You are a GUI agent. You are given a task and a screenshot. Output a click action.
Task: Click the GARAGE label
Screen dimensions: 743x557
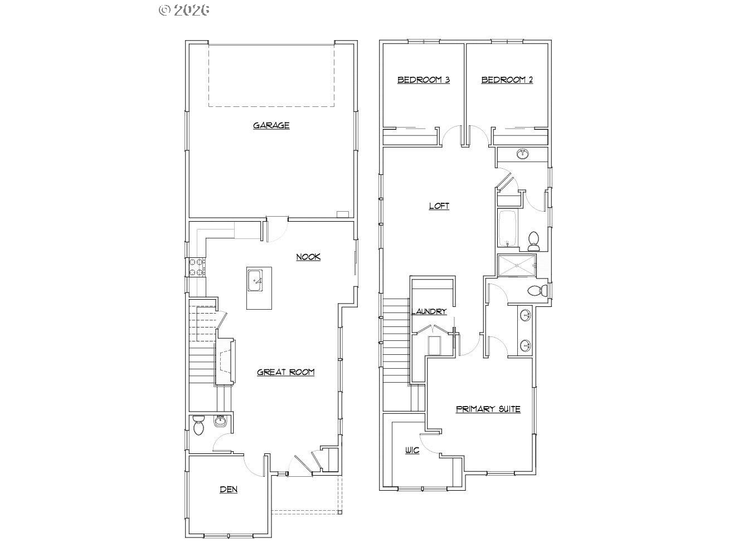click(x=271, y=125)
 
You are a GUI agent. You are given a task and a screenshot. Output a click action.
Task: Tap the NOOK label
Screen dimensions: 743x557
click(x=308, y=257)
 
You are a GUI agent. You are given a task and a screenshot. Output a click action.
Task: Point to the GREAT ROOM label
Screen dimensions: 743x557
click(x=286, y=372)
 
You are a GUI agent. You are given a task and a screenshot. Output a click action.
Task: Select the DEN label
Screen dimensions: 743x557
click(x=229, y=489)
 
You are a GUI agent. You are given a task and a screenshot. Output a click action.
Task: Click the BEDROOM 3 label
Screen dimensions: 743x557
click(x=424, y=80)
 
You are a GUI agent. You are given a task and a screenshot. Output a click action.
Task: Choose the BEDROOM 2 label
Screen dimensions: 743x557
click(x=507, y=80)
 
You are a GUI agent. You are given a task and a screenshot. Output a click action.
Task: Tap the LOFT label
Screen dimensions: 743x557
click(x=439, y=206)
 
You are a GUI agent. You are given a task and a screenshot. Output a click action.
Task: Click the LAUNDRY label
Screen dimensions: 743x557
click(x=429, y=311)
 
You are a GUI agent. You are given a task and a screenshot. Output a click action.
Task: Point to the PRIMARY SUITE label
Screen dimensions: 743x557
click(x=488, y=409)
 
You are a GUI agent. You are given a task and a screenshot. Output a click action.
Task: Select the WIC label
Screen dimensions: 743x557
click(x=412, y=450)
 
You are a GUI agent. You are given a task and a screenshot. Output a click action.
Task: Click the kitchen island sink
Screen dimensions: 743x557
click(x=255, y=280)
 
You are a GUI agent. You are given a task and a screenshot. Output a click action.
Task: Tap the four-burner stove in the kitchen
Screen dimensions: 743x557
click(x=197, y=267)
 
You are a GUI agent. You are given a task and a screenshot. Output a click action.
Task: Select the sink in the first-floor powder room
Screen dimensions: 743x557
click(x=220, y=421)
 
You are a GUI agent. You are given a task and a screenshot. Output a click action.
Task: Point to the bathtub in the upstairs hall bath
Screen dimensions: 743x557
click(x=507, y=228)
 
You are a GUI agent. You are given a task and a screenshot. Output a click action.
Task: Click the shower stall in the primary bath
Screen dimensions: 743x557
click(x=517, y=266)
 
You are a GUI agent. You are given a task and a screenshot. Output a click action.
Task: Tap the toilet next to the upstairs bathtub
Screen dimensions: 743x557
click(x=534, y=241)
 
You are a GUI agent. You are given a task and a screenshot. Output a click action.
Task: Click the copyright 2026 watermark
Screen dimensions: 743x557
click(x=184, y=10)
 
